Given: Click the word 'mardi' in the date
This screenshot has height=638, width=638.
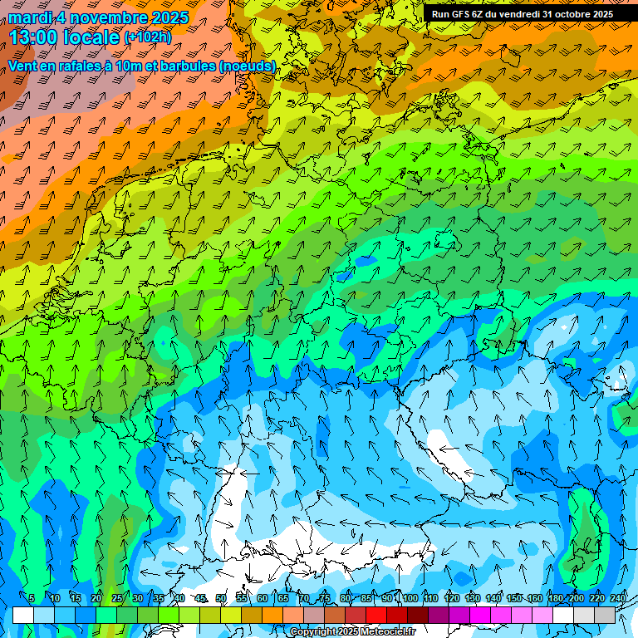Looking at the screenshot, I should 32,17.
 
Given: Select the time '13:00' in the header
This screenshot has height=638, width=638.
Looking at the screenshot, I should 35,37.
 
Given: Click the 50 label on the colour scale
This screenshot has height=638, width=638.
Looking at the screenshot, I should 221,598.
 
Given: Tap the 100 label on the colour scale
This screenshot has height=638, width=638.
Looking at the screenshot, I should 410,598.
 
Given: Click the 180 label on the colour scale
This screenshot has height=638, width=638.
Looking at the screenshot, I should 555,598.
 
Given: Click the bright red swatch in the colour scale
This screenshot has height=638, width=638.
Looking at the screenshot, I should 376,615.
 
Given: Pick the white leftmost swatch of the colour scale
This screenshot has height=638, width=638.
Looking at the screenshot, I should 23,615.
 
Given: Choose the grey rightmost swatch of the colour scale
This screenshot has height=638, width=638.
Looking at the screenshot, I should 605,615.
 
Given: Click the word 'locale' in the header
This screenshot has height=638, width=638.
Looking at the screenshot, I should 90,37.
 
